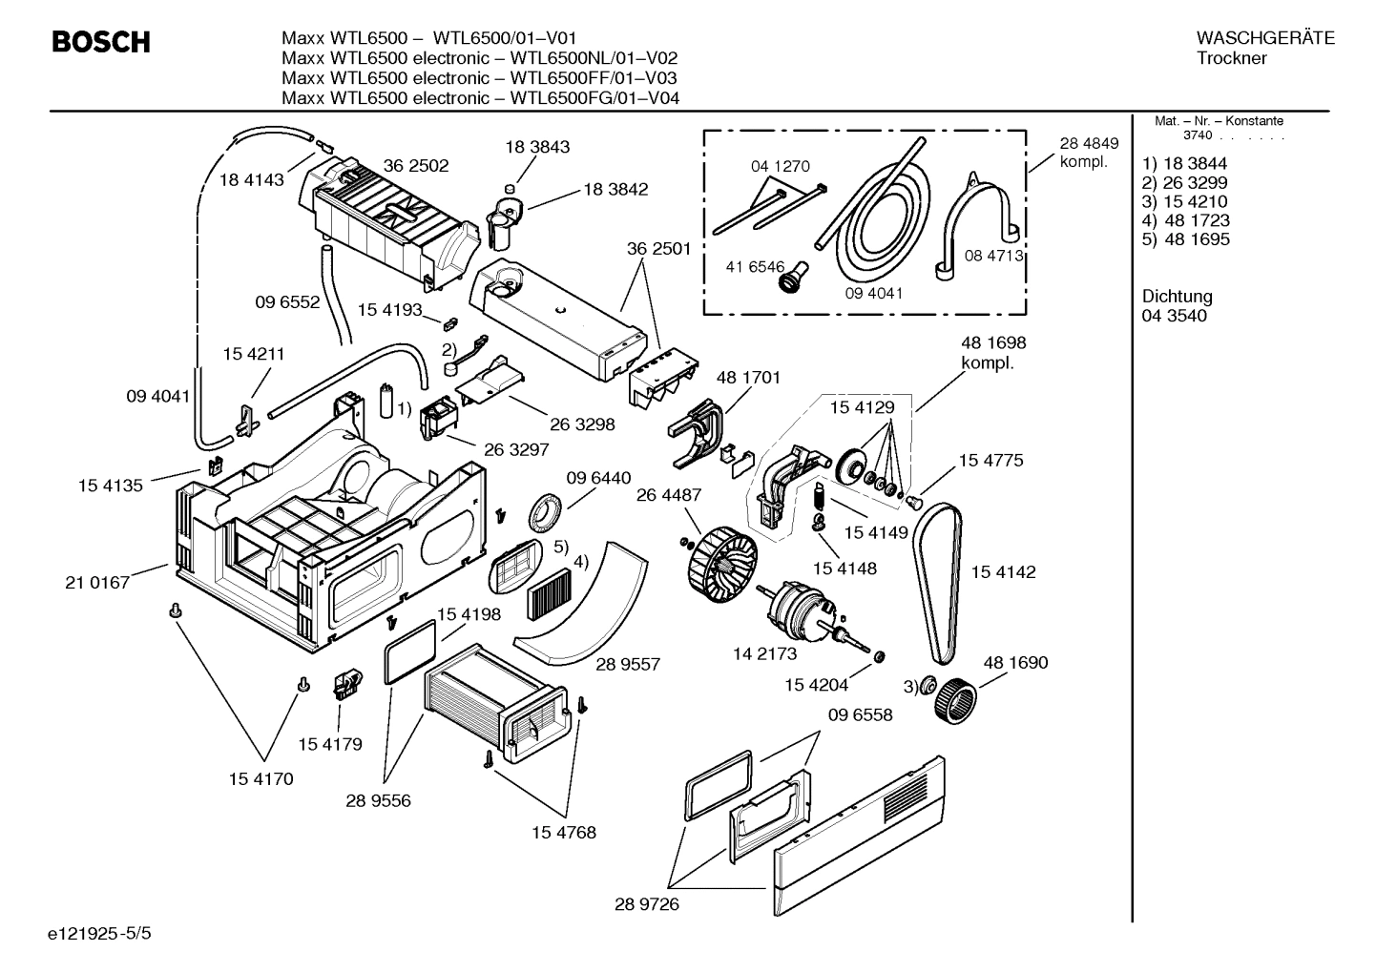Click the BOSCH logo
click(100, 42)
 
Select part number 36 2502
click(415, 165)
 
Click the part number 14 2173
click(764, 653)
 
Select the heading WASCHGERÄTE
click(1264, 38)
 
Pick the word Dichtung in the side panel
click(1176, 297)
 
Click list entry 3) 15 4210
click(1184, 201)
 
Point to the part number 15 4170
click(261, 778)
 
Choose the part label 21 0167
click(97, 582)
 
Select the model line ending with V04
click(480, 97)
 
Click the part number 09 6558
click(860, 714)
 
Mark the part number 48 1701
click(747, 377)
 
